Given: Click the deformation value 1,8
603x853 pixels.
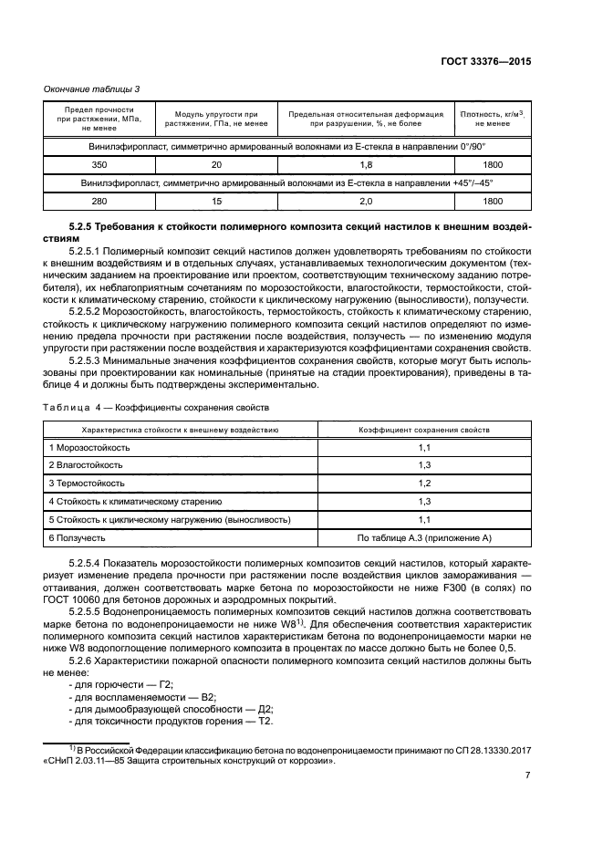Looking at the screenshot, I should coord(366,165).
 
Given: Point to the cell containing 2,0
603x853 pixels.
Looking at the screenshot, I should coord(366,201).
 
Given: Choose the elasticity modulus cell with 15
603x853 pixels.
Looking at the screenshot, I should coord(216,201).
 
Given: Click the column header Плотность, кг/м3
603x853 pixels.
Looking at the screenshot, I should coord(493,113).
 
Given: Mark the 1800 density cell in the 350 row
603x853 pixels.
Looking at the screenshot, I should coord(493,165).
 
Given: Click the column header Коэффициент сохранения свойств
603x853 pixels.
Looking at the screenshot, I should coord(423,429).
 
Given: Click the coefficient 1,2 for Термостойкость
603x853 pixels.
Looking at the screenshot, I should coord(423,483).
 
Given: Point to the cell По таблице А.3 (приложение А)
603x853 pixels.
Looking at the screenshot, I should coord(423,536).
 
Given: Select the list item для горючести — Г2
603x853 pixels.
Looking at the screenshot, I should coord(120,683).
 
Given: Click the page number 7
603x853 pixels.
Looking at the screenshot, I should coord(528,775).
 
